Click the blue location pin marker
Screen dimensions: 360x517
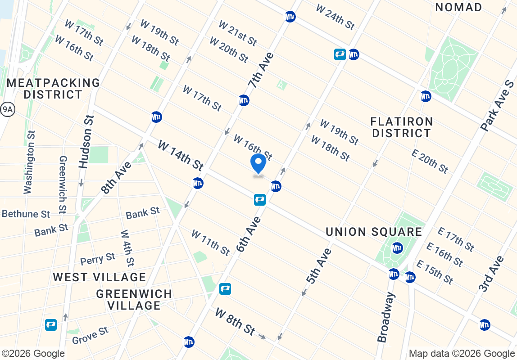tap(258, 164)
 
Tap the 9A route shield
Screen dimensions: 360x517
tap(7, 109)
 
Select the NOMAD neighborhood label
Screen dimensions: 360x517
tap(458, 7)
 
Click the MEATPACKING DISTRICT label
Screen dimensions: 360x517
tap(53, 89)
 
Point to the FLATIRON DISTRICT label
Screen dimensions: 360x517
tap(401, 127)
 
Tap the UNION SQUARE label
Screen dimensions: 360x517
tap(374, 232)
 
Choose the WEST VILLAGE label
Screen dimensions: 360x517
tap(100, 277)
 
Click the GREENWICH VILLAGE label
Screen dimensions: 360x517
tap(134, 300)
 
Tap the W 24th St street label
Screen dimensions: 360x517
tap(335, 17)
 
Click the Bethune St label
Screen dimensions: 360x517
tap(26, 214)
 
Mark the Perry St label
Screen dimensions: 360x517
tap(98, 259)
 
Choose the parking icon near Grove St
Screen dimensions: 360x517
tap(51, 324)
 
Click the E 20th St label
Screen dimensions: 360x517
tap(430, 161)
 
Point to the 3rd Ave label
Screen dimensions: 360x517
tap(490, 274)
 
